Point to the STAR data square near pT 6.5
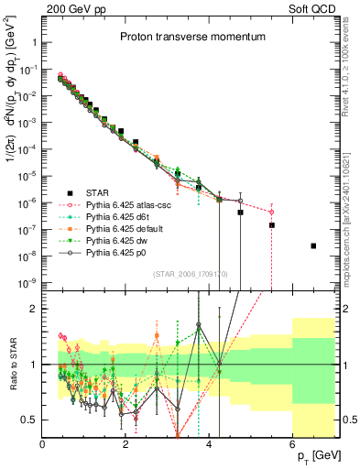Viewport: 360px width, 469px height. pyautogui.click(x=313, y=245)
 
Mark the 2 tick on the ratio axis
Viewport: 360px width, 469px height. pyautogui.click(x=34, y=309)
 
